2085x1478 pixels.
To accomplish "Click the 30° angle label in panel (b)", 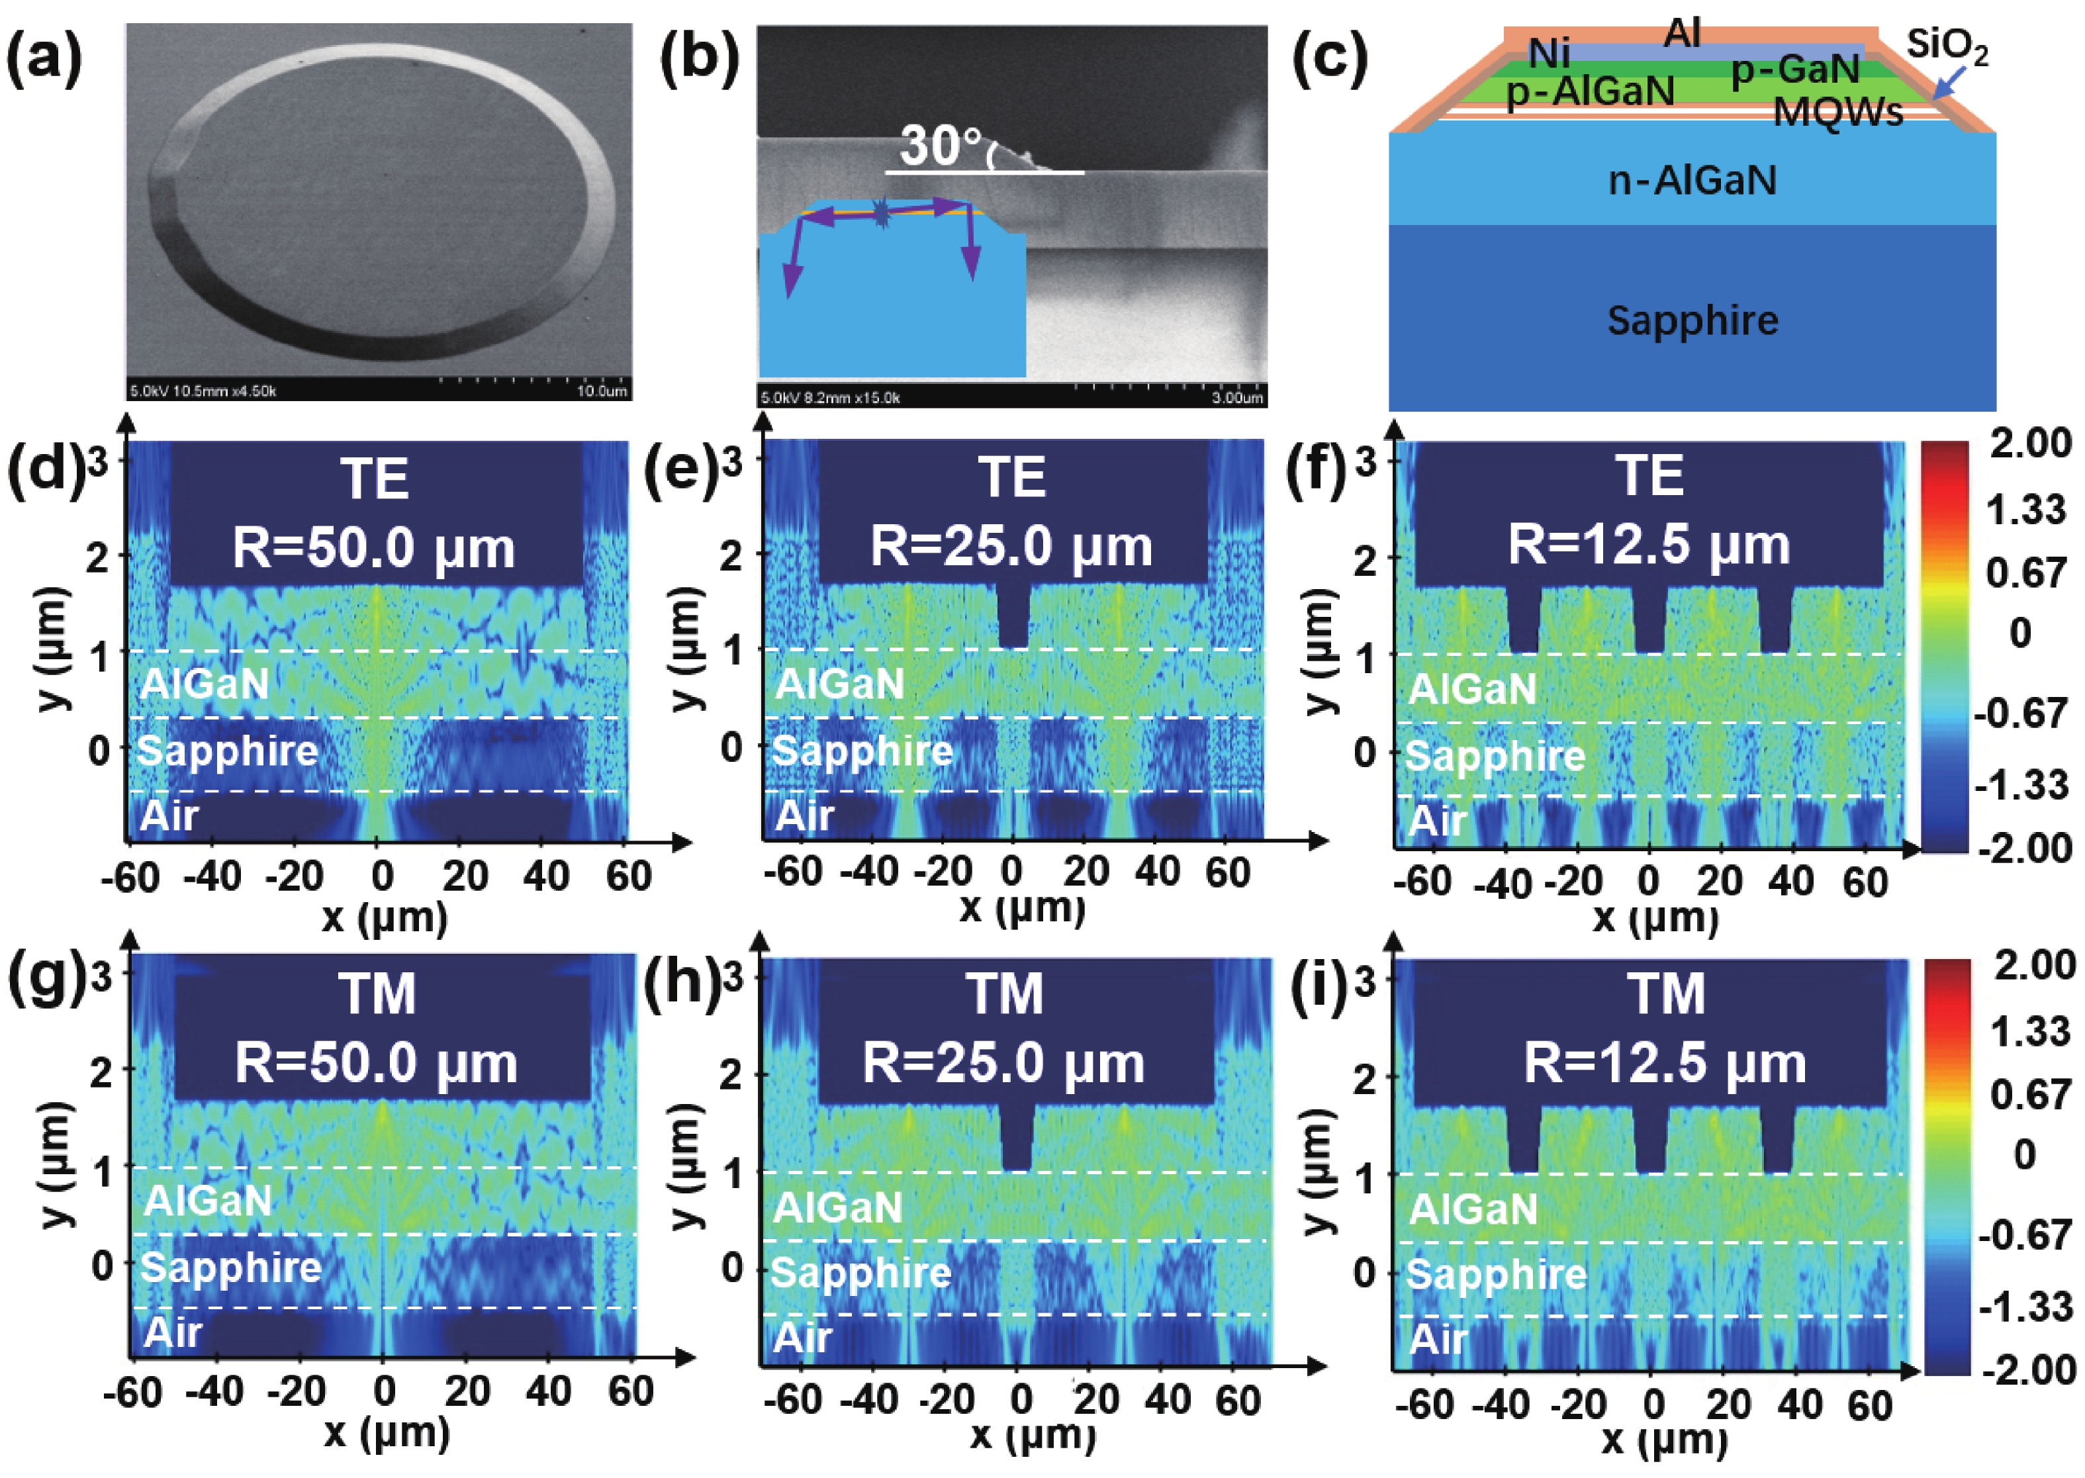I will tap(941, 145).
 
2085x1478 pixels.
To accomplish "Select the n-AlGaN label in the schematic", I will tap(1692, 180).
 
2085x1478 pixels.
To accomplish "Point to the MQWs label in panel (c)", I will tap(1838, 113).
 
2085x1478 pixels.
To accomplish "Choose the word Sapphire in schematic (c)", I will tap(1692, 320).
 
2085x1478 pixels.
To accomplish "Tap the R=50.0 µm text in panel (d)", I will tap(373, 548).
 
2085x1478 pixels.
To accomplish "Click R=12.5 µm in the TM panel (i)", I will tap(1665, 1063).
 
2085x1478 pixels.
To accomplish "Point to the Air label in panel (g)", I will tap(173, 1332).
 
